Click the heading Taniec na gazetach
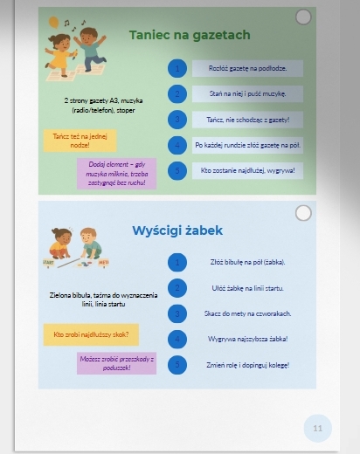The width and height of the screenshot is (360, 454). point(190,35)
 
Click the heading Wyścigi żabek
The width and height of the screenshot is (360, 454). point(177,230)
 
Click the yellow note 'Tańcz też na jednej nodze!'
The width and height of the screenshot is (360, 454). point(80,141)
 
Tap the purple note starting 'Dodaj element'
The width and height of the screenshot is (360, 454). point(115,174)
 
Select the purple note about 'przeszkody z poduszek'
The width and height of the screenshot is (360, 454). point(116,363)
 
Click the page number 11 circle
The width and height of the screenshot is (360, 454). point(317,428)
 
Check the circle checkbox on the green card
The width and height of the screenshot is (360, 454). point(303,17)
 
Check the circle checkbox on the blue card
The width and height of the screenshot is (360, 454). point(303,213)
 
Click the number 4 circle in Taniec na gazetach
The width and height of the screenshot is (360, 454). point(177,145)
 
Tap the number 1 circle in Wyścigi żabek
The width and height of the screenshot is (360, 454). point(177,262)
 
